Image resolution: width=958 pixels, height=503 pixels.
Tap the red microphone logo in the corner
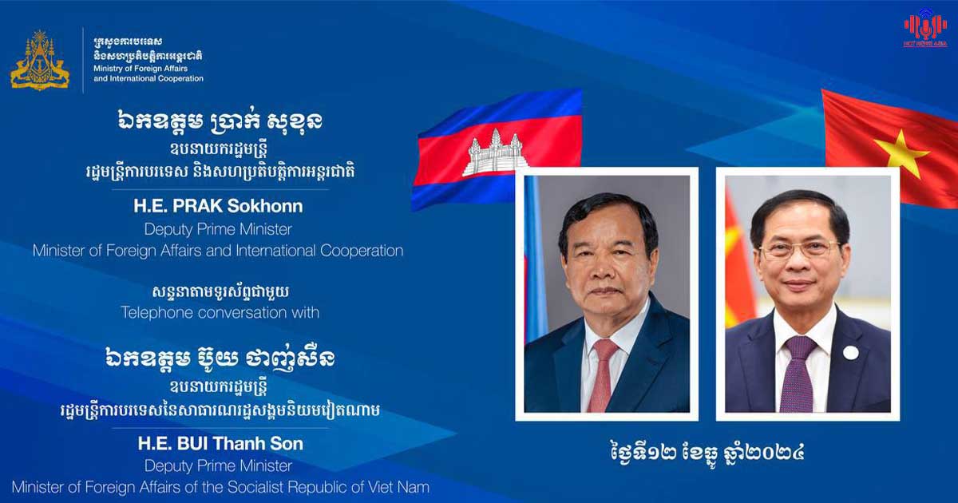point(925,27)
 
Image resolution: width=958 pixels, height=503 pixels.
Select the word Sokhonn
point(265,206)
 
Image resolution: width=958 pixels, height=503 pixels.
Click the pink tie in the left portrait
point(603,376)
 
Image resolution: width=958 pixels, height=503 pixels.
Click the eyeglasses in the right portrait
point(799,249)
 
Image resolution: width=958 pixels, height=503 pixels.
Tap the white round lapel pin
point(851,353)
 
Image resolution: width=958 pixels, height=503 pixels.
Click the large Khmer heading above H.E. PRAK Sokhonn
point(219,122)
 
